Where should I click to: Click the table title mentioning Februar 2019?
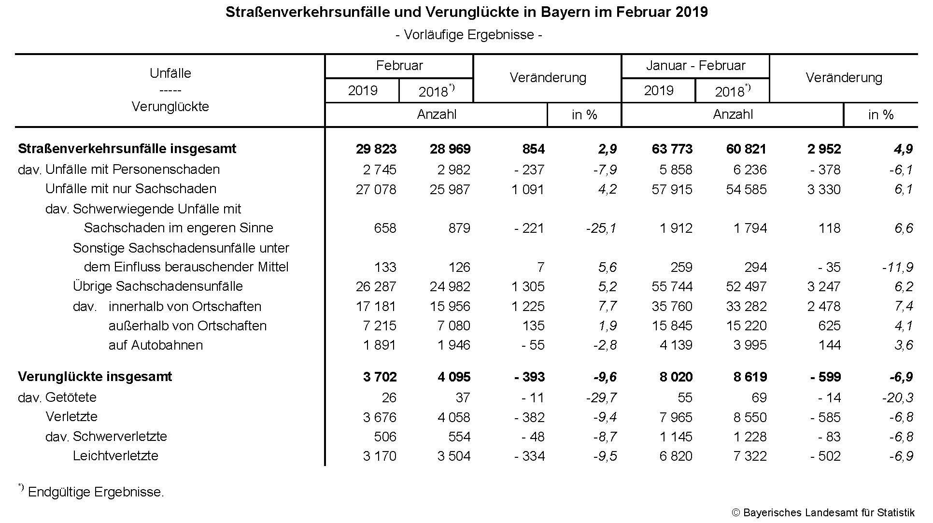tap(466, 12)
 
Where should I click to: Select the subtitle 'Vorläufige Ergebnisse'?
tap(468, 35)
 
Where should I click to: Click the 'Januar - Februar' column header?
tap(695, 66)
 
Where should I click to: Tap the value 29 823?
tap(376, 149)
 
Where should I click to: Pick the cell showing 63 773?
tap(672, 149)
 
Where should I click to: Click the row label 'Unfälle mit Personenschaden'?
tap(132, 170)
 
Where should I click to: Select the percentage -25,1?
tap(601, 228)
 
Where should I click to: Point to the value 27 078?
tap(376, 189)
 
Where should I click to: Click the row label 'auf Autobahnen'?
tap(155, 345)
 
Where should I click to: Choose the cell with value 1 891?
tap(379, 345)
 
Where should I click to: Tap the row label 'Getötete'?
tap(71, 397)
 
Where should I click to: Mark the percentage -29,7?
tap(601, 397)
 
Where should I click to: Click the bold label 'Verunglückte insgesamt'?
tap(95, 377)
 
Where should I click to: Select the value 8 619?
tap(750, 377)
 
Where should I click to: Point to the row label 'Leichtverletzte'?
tap(115, 456)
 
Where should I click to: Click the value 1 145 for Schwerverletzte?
tap(676, 437)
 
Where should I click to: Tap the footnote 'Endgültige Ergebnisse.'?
tap(96, 492)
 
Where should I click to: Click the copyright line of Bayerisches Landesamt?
tap(823, 513)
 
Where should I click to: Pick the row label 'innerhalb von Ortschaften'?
tap(185, 307)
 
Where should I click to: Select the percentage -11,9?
tap(898, 267)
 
